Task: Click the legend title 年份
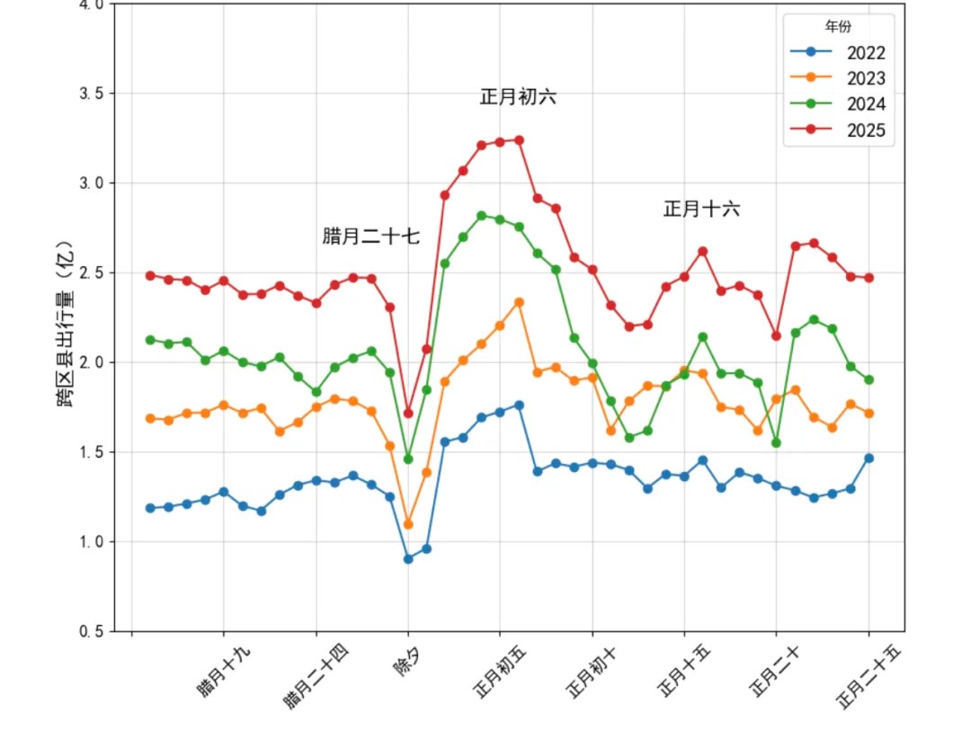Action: click(x=839, y=27)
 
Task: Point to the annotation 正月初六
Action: click(x=518, y=97)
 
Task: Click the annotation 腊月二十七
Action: click(x=370, y=236)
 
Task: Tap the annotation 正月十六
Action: click(x=701, y=209)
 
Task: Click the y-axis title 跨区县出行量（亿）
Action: click(x=66, y=324)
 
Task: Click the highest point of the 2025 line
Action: click(x=519, y=140)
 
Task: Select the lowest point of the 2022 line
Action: click(x=408, y=558)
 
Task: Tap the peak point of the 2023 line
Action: click(x=519, y=302)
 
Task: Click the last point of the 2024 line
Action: click(x=869, y=379)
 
